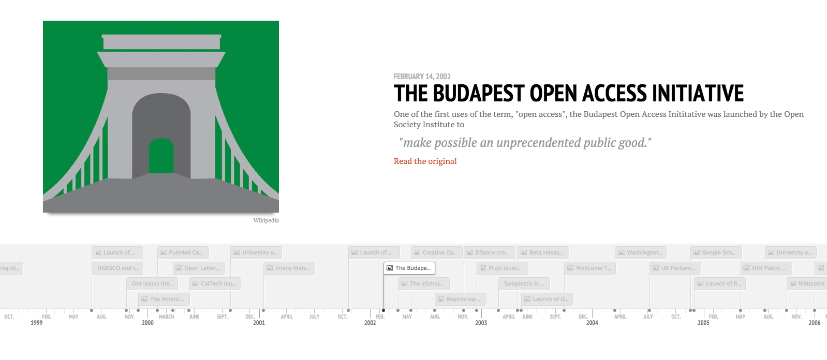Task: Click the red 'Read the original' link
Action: coord(425,161)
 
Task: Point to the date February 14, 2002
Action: coord(422,77)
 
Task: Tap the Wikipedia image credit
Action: coord(266,220)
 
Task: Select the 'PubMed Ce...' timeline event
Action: coord(183,252)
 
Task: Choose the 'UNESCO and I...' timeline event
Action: coord(117,268)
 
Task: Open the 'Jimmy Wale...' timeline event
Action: coord(290,268)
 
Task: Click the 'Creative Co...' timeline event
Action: coord(437,252)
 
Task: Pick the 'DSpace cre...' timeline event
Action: coord(490,252)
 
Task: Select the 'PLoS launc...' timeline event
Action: coord(502,268)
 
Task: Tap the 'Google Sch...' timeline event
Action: coord(716,252)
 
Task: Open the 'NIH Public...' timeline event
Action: coord(766,268)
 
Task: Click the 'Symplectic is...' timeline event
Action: coord(524,283)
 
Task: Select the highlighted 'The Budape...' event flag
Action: coord(409,268)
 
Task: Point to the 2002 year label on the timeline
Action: coord(370,323)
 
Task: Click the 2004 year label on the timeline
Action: coord(592,323)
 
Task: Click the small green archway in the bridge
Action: coord(161,156)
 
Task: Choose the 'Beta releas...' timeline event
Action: coord(543,252)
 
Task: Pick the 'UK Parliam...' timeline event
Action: coord(675,268)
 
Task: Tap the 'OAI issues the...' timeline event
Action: coord(152,283)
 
